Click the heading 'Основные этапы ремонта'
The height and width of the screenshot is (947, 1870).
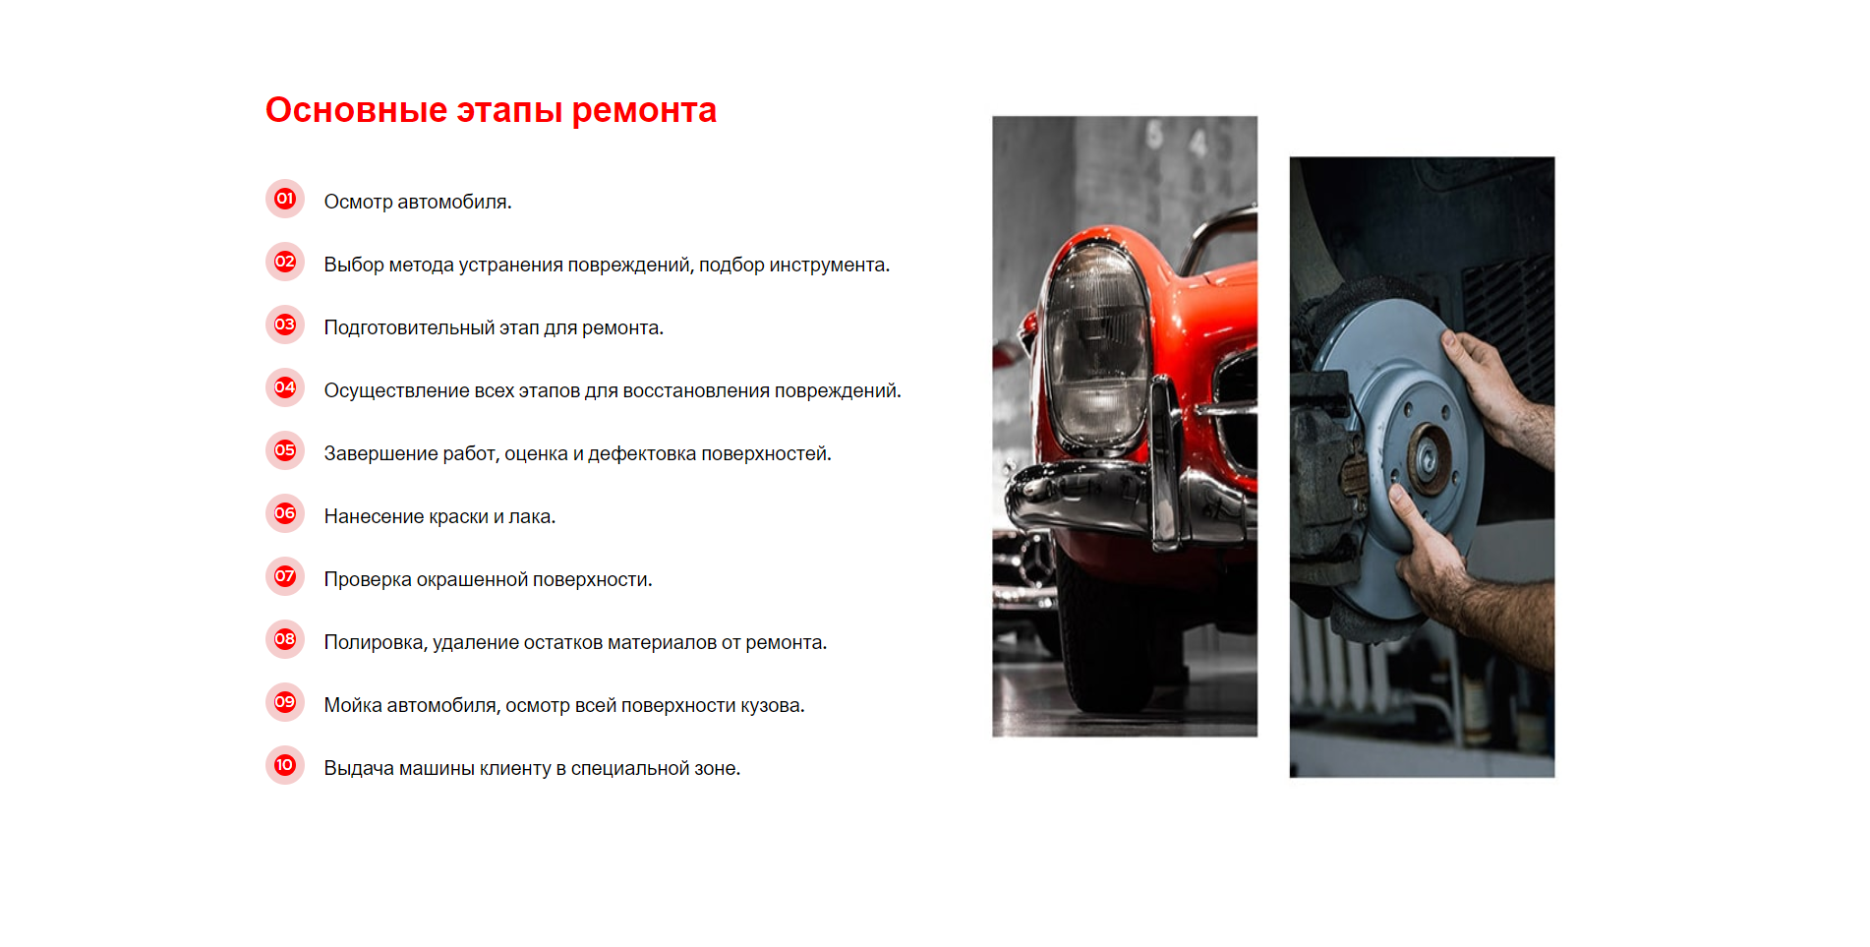(x=491, y=110)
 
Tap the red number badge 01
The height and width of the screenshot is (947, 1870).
(x=285, y=199)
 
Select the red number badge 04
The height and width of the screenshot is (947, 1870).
(x=285, y=387)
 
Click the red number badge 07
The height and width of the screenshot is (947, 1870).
(x=285, y=576)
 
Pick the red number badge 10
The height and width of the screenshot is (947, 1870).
(x=285, y=765)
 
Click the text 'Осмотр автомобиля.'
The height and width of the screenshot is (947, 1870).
(x=418, y=202)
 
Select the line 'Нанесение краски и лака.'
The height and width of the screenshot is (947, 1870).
(x=439, y=516)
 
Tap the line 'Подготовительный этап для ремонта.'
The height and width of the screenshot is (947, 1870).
(x=494, y=327)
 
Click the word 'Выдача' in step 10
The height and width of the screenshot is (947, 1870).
(x=359, y=768)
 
